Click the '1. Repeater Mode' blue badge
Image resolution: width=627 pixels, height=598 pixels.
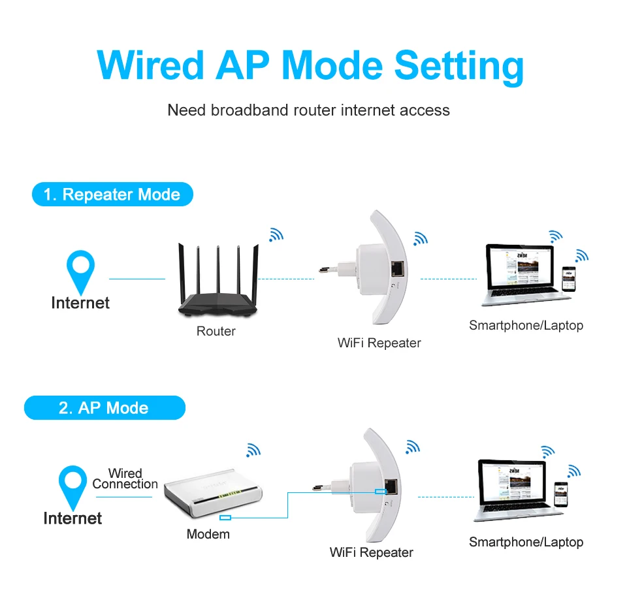(x=112, y=195)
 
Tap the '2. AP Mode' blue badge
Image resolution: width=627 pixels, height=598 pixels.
(x=104, y=408)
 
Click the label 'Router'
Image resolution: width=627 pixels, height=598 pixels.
(x=216, y=331)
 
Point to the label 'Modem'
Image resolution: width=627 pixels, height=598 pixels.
(x=208, y=534)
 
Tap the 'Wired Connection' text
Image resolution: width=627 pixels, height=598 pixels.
(x=125, y=479)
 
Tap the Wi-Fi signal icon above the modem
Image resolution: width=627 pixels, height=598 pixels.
(x=253, y=450)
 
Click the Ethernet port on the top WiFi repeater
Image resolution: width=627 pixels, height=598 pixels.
(x=396, y=268)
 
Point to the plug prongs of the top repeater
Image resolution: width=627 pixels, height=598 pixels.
(x=332, y=268)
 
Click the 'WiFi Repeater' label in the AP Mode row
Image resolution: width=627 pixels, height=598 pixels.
(x=371, y=552)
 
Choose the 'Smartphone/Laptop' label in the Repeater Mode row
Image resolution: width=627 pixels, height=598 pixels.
(x=526, y=325)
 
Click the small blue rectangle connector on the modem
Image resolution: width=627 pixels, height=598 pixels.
(x=225, y=518)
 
